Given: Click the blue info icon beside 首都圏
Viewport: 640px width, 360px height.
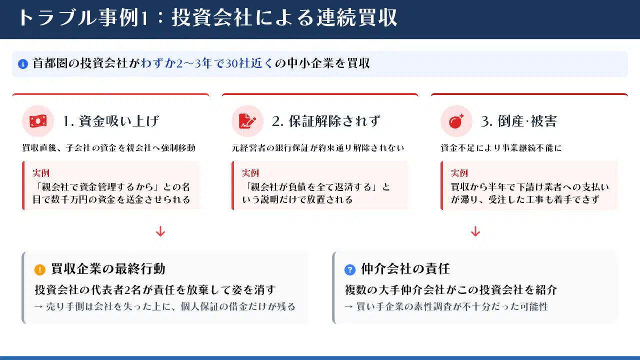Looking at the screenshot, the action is (23, 63).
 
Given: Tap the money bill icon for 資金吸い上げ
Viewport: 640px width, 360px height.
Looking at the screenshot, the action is (38, 121).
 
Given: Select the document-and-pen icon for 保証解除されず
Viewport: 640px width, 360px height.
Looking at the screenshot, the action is (247, 121).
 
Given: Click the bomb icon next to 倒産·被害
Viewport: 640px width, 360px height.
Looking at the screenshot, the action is (456, 121).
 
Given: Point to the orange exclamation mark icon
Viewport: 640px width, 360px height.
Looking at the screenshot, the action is (39, 269).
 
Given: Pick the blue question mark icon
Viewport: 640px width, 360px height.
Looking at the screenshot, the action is (349, 269).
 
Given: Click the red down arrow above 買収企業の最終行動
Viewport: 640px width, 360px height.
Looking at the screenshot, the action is (160, 231).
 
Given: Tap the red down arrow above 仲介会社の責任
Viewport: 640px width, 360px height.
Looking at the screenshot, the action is (475, 231).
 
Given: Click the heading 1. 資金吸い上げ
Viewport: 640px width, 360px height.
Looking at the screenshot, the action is (111, 121).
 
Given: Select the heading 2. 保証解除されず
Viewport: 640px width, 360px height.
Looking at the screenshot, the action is (326, 121).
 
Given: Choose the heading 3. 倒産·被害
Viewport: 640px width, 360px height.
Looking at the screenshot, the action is (519, 121).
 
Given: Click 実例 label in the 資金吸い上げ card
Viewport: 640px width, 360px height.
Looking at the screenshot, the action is (41, 173).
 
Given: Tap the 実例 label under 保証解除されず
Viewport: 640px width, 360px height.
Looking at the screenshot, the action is (250, 173).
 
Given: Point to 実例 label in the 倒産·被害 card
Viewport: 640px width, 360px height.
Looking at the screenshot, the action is (459, 173).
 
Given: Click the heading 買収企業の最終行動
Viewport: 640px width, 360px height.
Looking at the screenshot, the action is (108, 269).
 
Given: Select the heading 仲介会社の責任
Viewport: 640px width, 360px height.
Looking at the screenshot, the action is (405, 269).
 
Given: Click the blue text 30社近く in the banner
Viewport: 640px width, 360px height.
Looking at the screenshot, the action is (249, 63).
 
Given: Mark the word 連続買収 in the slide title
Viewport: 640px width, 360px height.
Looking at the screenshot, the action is (357, 17).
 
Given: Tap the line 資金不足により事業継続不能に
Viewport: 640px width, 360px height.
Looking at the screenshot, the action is (501, 147).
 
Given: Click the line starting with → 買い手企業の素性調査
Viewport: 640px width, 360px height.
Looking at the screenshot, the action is (446, 306).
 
